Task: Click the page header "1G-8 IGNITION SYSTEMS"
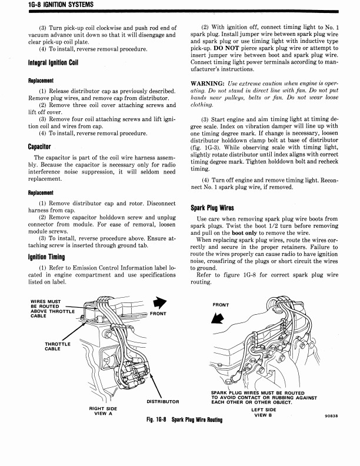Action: pyautogui.click(x=61, y=4)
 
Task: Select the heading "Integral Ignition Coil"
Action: pyautogui.click(x=53, y=62)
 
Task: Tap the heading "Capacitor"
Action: pyautogui.click(x=39, y=147)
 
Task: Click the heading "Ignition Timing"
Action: pyautogui.click(x=46, y=257)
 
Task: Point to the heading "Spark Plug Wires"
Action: pyautogui.click(x=212, y=208)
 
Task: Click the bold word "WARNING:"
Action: pyautogui.click(x=208, y=84)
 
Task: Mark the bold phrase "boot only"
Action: pyautogui.click(x=244, y=233)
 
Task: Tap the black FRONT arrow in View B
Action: pyautogui.click(x=218, y=318)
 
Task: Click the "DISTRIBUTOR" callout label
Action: pyautogui.click(x=163, y=401)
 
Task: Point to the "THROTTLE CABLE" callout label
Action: pyautogui.click(x=58, y=346)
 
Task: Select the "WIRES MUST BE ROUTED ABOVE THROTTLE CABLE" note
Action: pyautogui.click(x=52, y=308)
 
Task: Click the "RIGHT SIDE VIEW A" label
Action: pyautogui.click(x=103, y=411)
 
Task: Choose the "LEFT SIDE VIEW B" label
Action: pyautogui.click(x=264, y=412)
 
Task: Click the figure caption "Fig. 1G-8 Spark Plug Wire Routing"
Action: pyautogui.click(x=185, y=420)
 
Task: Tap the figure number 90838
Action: pyautogui.click(x=332, y=416)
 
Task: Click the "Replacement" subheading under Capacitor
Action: pyautogui.click(x=41, y=192)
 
